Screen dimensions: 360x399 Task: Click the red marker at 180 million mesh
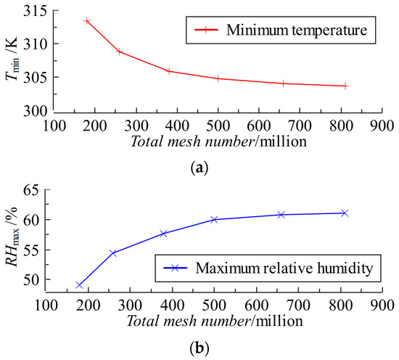click(x=87, y=21)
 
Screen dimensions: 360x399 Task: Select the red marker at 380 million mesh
click(x=169, y=71)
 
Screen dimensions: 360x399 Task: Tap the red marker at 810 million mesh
click(x=345, y=86)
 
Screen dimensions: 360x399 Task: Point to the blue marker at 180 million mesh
click(x=80, y=285)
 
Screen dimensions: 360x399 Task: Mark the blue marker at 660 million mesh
click(x=280, y=215)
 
